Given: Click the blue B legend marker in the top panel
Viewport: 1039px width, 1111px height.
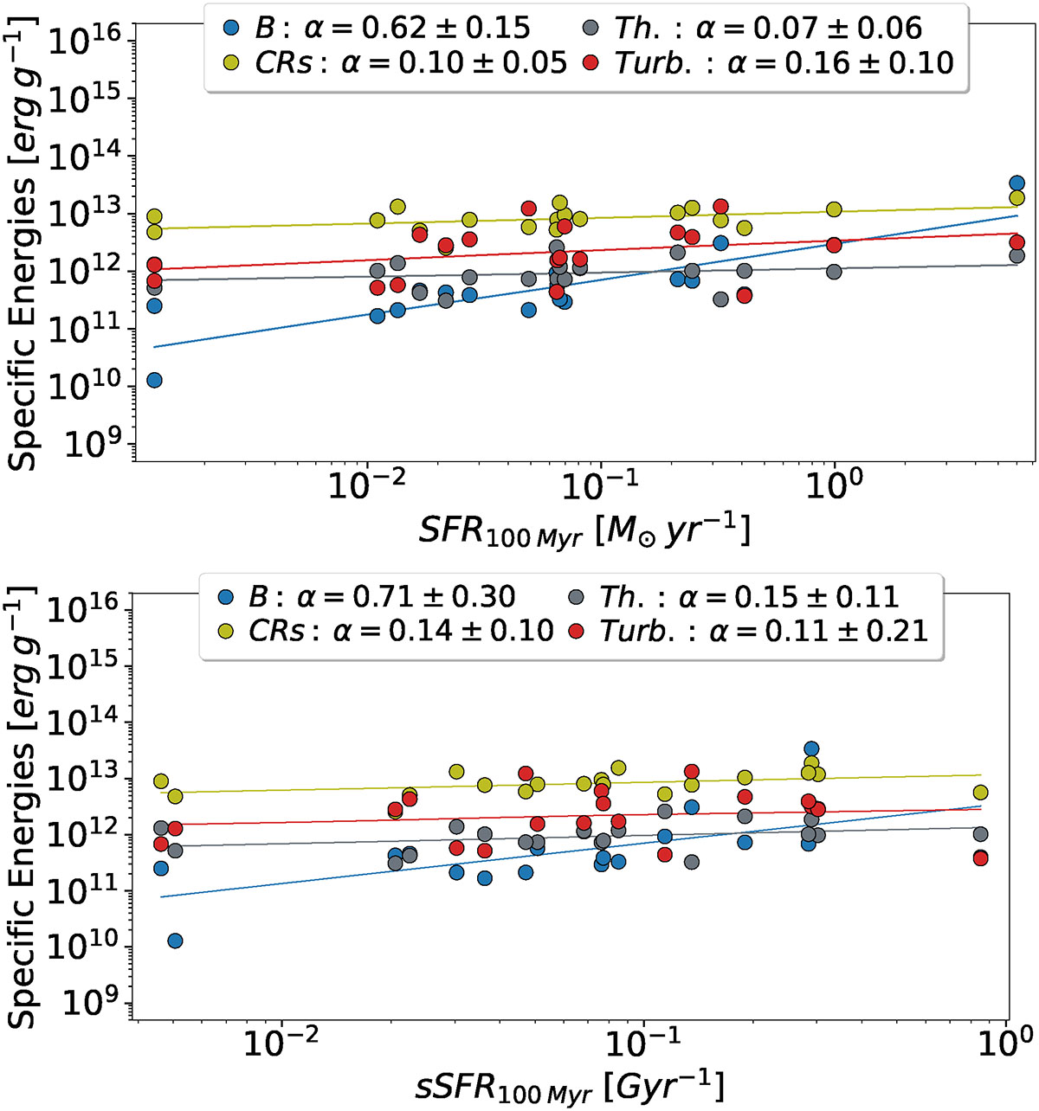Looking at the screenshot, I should click(230, 27).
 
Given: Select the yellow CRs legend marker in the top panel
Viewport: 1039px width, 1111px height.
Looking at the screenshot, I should click(230, 62).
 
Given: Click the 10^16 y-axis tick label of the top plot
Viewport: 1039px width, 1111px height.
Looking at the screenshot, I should click(87, 40).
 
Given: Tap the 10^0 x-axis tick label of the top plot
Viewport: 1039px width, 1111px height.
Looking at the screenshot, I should click(833, 488).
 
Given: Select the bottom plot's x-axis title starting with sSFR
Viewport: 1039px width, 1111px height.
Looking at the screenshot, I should click(568, 1085).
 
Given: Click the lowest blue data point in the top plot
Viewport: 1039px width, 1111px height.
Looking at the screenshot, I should click(154, 380).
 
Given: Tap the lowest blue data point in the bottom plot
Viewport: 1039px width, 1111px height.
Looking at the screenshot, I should click(175, 941).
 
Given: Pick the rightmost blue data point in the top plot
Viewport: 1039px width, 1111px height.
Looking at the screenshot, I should click(1017, 183).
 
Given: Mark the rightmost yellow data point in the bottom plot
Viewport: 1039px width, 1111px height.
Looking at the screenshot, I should click(980, 793).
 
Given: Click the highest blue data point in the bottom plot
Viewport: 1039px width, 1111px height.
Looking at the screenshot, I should click(811, 749).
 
